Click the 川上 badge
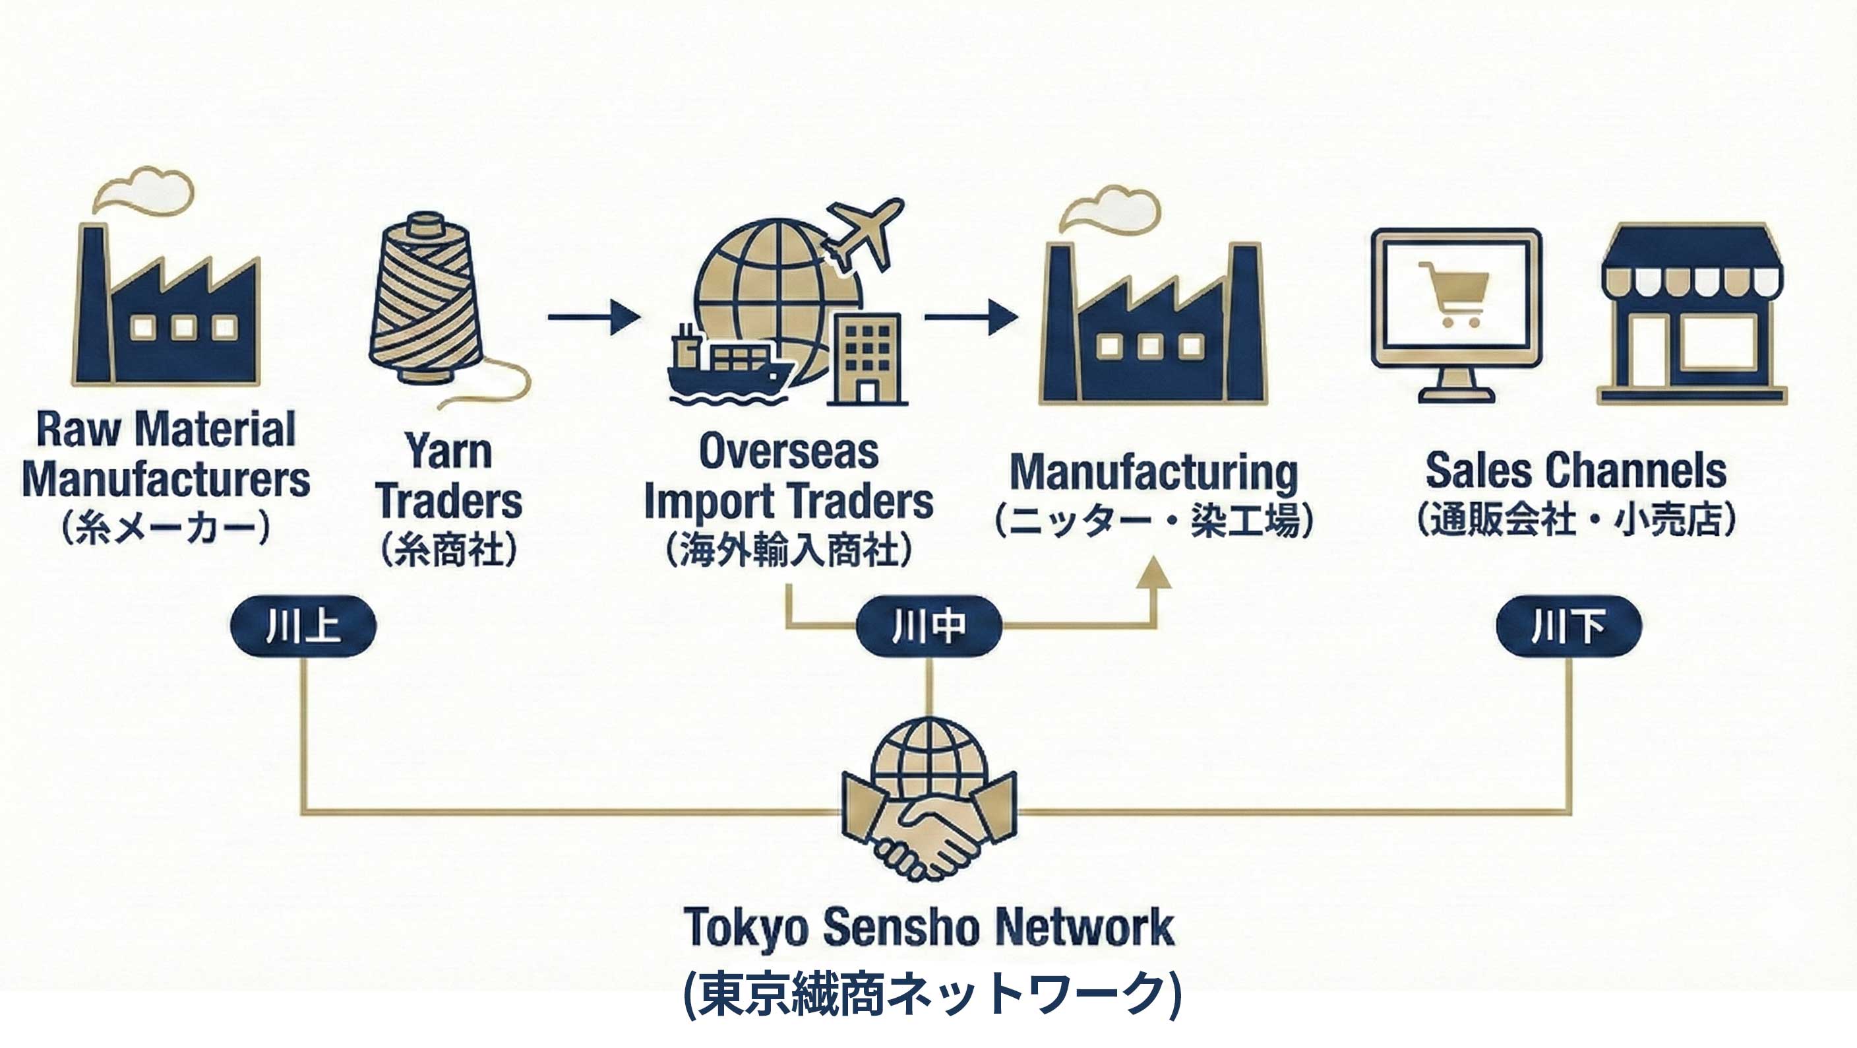tap(303, 626)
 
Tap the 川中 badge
tap(928, 626)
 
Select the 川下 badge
tap(1569, 626)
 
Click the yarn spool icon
tap(425, 300)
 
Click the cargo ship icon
tap(728, 368)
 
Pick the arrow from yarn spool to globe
tap(594, 317)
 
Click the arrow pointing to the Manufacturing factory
tap(970, 317)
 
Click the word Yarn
tap(448, 451)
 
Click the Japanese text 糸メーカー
tap(166, 529)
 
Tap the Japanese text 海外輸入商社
tap(789, 550)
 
